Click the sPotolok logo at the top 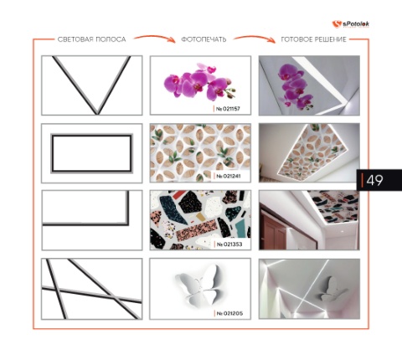coord(351,24)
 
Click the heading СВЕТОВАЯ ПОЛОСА coord(91,39)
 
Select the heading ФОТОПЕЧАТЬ coord(204,39)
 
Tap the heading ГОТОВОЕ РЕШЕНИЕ coord(313,39)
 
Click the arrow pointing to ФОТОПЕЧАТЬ coord(155,38)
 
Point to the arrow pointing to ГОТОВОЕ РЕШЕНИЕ coord(255,38)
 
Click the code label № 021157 coord(228,109)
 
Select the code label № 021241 coord(229,177)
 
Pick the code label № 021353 coord(229,244)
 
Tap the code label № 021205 coord(229,313)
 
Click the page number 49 coord(374,180)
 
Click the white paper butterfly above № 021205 coord(198,285)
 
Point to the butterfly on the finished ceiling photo coord(333,289)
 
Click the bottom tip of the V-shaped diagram coord(97,113)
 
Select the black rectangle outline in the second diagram coord(91,136)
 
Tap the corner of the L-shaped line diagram coord(128,224)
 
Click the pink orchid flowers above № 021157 coord(199,82)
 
